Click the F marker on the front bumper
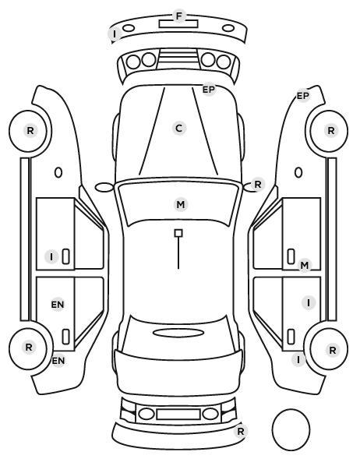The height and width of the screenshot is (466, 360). tap(179, 16)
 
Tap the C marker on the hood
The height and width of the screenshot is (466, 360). tap(179, 129)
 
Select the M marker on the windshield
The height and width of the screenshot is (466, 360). tap(181, 204)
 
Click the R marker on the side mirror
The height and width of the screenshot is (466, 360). tap(257, 185)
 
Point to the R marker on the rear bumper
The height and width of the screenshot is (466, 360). tap(241, 431)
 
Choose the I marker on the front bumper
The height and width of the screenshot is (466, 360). tap(115, 34)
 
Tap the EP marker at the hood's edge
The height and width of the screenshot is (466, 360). tap(209, 89)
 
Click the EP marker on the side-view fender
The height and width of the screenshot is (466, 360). tap(303, 96)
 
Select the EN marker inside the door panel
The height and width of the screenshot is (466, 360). tap(58, 305)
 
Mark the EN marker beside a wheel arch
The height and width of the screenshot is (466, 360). tap(58, 361)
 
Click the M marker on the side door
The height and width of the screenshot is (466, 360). tap(305, 266)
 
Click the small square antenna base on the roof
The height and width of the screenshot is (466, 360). tap(178, 233)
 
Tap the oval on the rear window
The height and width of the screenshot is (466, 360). tap(178, 334)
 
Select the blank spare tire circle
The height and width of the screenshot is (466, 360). tap(291, 429)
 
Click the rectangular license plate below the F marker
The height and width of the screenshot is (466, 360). tap(178, 24)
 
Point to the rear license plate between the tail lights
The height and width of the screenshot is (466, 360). tap(178, 414)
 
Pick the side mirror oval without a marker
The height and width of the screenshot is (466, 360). tap(104, 187)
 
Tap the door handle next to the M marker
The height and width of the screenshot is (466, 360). tap(291, 256)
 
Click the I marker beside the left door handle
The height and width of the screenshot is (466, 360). tap(51, 256)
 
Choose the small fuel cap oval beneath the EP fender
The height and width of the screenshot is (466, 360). tap(298, 173)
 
